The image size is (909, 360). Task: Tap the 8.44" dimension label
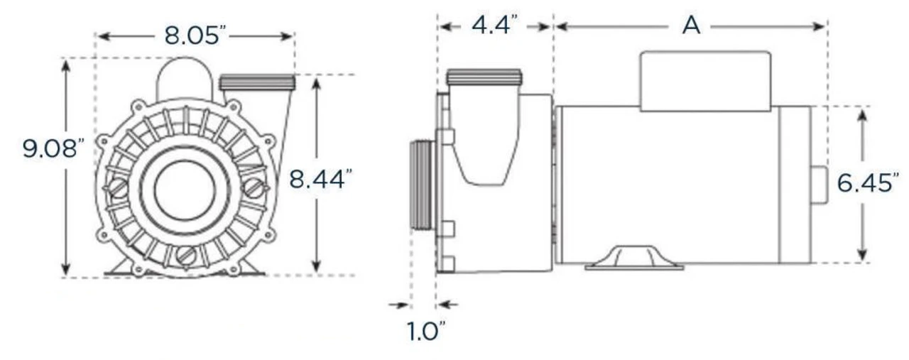point(321,178)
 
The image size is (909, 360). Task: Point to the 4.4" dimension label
point(495,26)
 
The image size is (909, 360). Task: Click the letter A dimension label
point(690,26)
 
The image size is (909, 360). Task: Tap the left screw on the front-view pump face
point(115,189)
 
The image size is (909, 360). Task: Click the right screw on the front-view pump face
point(254,188)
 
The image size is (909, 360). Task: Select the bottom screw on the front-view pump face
point(186,255)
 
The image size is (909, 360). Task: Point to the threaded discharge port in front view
point(256,82)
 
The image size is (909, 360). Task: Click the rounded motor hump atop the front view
point(184,78)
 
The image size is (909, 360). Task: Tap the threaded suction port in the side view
point(423,185)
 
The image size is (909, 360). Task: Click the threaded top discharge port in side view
point(484,77)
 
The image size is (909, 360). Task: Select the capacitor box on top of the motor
point(705,81)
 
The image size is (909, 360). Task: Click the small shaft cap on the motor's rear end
point(819,185)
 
